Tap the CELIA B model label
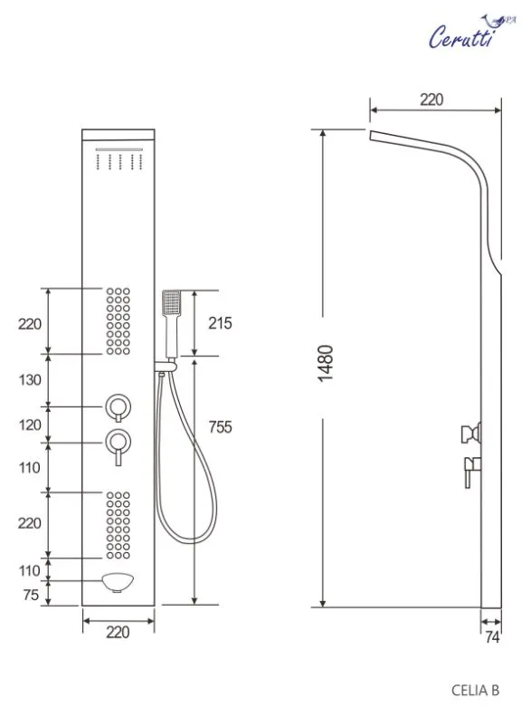pos(475,691)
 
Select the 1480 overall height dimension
pos(326,363)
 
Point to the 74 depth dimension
pos(492,637)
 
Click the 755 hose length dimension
pos(220,426)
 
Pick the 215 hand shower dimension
pos(220,323)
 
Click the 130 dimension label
pos(30,379)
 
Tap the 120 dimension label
pos(30,425)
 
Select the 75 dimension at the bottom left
pos(31,594)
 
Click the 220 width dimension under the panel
pos(118,632)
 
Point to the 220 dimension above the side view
pos(431,100)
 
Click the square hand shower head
pos(171,303)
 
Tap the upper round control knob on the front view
pos(118,407)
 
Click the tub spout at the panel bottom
pos(118,582)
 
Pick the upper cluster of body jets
pos(118,321)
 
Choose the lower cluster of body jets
pos(118,526)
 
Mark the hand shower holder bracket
pos(166,366)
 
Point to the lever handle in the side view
pos(472,472)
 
